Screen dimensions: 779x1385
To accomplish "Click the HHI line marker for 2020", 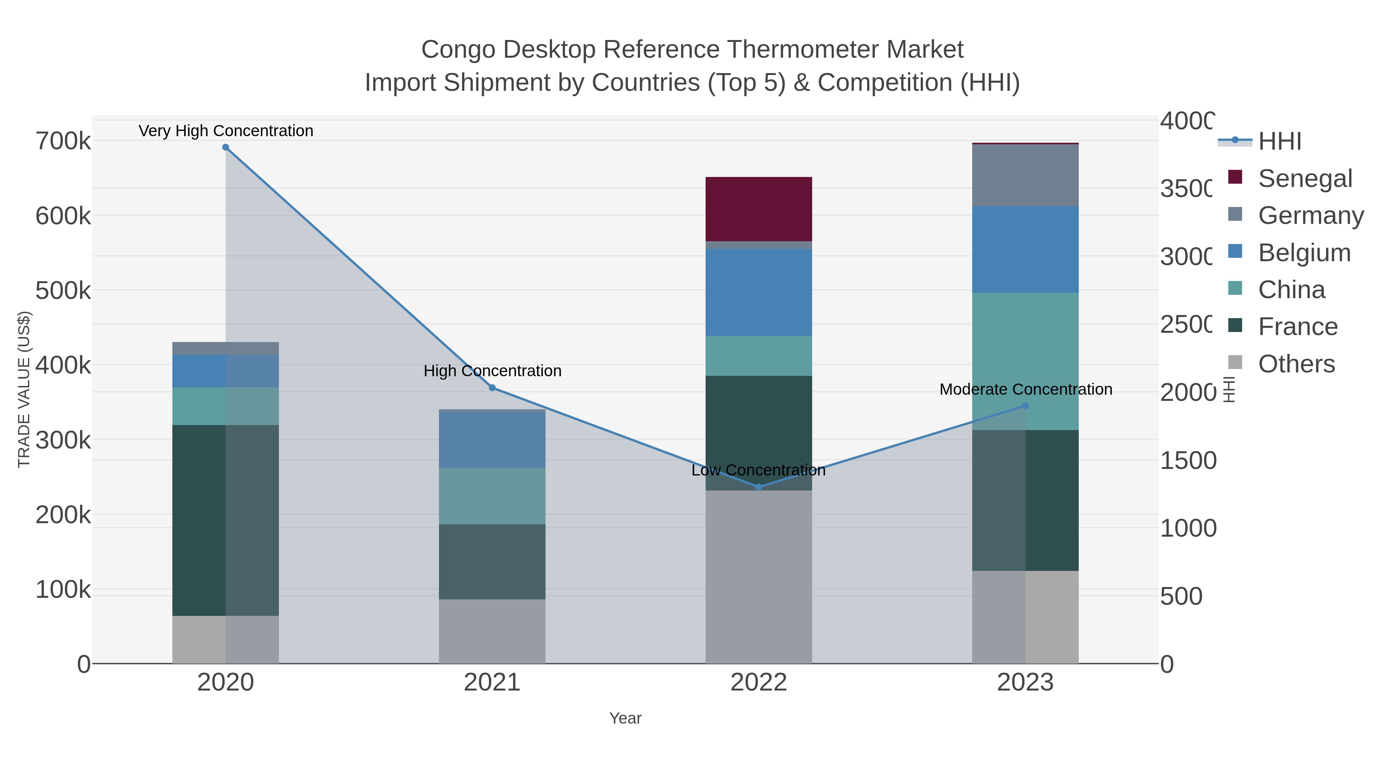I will coord(226,147).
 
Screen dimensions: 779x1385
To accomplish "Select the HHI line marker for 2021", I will coord(492,388).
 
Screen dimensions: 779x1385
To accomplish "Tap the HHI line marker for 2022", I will coord(759,487).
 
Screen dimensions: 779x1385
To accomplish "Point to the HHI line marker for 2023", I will coord(1025,406).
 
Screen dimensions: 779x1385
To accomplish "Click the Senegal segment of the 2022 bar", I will coord(759,209).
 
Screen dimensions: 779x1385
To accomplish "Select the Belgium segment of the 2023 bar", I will coord(1025,249).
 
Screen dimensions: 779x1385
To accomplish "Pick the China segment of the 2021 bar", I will coord(492,496).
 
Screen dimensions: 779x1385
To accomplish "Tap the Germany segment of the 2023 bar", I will coord(1025,175).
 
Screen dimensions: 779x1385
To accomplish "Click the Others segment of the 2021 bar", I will coord(492,631).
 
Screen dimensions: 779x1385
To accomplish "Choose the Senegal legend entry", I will coord(1305,178).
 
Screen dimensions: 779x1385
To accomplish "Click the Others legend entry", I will coord(1296,364).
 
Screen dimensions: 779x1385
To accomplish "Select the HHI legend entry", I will coord(1280,142).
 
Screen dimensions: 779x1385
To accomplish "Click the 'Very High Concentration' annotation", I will coord(226,131).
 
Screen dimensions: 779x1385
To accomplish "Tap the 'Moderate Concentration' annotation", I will coord(1025,389).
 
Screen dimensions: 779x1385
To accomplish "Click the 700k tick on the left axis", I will coord(63,142).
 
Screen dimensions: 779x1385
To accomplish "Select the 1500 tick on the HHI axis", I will coord(1188,461).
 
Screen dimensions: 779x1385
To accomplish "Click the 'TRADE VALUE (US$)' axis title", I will coord(24,389).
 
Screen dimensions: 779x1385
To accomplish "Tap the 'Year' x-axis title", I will coord(625,718).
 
